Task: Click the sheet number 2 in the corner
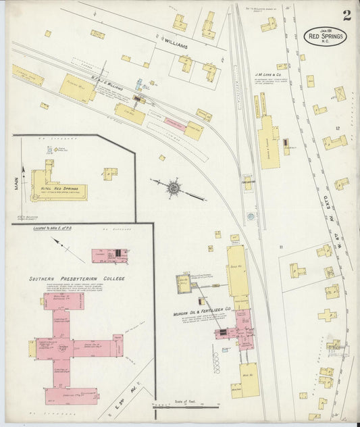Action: (x=346, y=15)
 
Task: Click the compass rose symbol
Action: (x=174, y=187)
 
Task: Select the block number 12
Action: (x=334, y=126)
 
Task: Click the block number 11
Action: (x=280, y=248)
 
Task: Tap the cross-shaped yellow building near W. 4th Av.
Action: (x=328, y=315)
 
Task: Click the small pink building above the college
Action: (x=109, y=255)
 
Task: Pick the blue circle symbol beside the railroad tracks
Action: (x=250, y=216)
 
